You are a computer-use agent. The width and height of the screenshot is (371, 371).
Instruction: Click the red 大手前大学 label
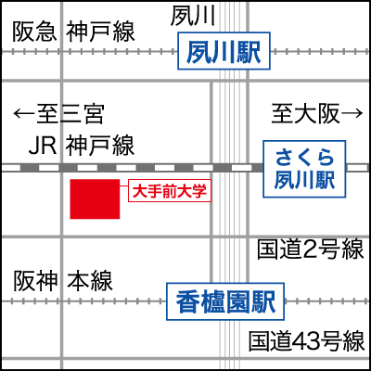click(170, 191)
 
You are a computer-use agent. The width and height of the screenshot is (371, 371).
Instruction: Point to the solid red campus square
click(95, 199)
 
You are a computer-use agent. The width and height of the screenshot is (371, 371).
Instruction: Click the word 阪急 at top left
click(34, 32)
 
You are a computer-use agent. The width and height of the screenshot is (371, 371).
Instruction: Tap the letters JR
click(43, 145)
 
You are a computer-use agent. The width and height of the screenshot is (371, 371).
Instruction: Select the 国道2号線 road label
click(310, 249)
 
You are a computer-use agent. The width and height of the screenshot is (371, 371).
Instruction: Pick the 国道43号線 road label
click(307, 341)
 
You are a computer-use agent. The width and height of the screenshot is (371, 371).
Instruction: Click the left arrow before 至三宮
click(25, 114)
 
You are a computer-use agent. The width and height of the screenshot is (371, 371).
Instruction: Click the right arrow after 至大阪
click(352, 113)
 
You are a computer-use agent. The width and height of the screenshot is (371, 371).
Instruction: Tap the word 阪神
click(35, 282)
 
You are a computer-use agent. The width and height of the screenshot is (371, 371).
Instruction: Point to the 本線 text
click(90, 282)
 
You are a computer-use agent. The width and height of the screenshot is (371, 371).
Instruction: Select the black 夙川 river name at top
click(193, 16)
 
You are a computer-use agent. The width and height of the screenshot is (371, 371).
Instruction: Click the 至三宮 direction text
click(70, 114)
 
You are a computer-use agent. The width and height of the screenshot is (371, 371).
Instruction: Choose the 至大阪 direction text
click(305, 113)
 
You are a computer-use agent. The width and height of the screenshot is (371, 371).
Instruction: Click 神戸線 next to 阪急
click(100, 32)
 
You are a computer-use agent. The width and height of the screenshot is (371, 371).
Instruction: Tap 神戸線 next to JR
click(100, 145)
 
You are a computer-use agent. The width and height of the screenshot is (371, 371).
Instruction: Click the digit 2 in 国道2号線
click(310, 249)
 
